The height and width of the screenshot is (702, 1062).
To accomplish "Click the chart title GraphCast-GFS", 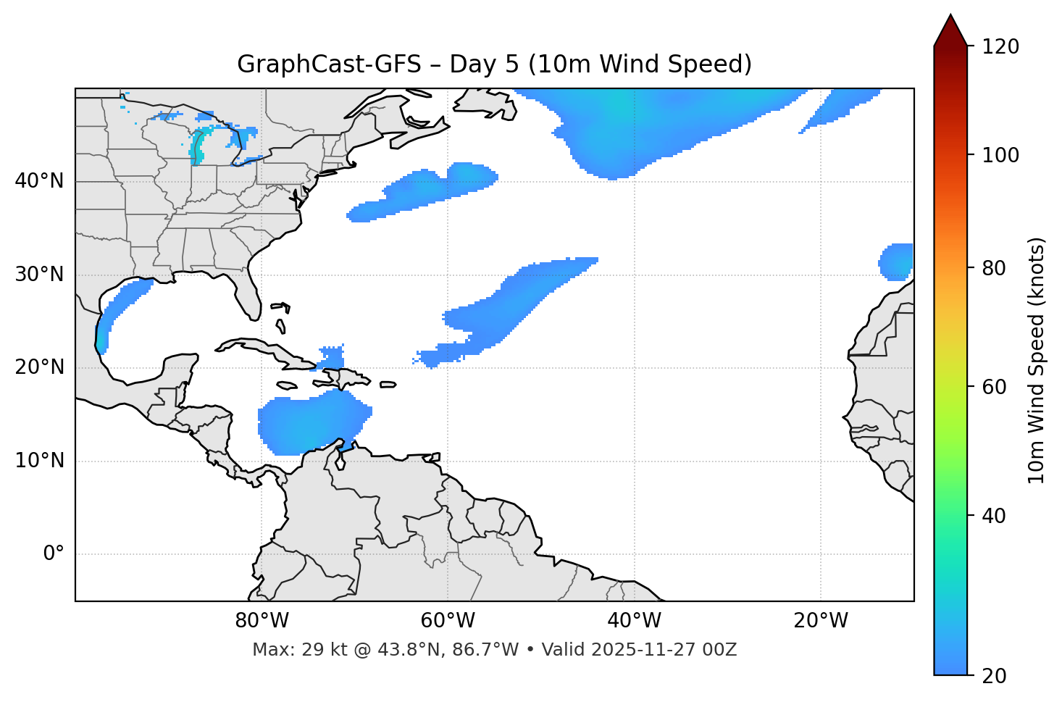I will coord(494,64).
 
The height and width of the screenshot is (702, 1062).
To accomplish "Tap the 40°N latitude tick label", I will coord(39,181).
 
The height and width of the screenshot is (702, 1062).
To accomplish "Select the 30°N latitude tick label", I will coord(39,275).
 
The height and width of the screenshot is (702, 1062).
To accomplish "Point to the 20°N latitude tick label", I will coord(39,367).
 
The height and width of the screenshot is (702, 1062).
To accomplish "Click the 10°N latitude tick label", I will coord(39,461).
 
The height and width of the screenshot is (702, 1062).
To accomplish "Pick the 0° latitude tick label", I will coord(54,554).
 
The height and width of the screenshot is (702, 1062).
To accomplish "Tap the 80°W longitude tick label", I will coord(262,621).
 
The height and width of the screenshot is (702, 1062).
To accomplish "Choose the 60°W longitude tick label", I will coord(448,621).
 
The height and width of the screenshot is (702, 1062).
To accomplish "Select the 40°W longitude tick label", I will coord(634,621).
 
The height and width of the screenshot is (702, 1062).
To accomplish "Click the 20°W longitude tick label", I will coord(820,621).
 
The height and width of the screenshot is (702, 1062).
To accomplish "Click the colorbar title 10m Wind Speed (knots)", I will coord(1037,360).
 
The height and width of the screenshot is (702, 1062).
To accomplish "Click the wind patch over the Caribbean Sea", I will coord(312,424).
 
